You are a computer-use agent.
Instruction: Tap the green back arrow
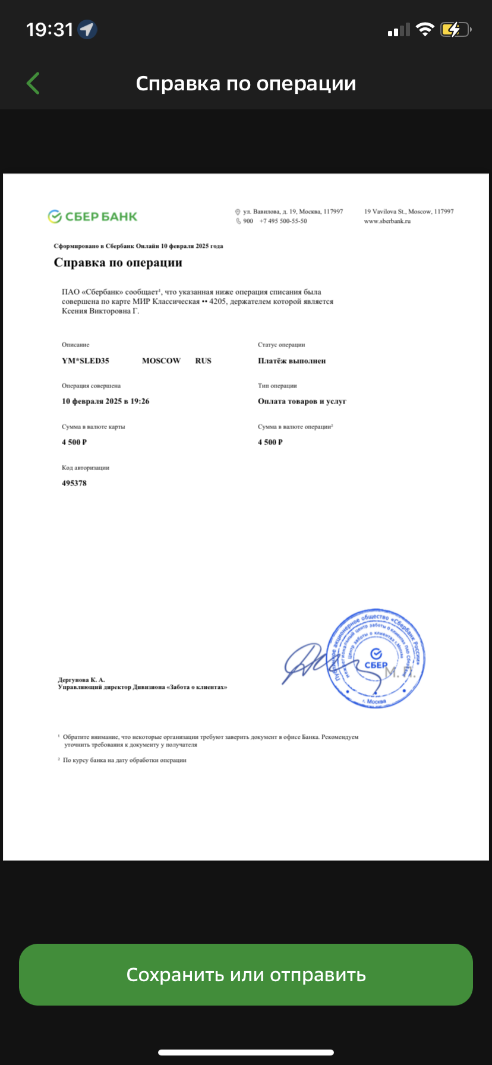tap(33, 83)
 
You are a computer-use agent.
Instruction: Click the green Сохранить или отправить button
tap(246, 975)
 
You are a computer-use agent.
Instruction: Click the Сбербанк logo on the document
tap(93, 217)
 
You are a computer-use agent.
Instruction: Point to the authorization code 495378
tap(74, 483)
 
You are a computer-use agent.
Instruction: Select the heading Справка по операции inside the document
tap(118, 263)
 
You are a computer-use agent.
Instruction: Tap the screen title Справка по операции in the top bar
tap(246, 84)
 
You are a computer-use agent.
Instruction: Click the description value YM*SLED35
tap(86, 361)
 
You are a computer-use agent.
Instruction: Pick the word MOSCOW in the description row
tap(161, 361)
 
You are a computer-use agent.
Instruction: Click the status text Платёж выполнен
tap(292, 361)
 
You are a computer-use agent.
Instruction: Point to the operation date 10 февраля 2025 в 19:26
tap(105, 402)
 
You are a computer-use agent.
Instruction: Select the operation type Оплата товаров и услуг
tap(302, 402)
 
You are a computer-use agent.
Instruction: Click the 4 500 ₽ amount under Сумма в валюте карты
tap(74, 442)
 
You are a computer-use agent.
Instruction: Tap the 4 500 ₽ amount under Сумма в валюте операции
tap(270, 442)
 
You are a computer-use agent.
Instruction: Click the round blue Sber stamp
tap(377, 658)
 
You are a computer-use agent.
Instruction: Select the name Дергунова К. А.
tap(81, 680)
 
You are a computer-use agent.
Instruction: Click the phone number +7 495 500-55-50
tap(283, 221)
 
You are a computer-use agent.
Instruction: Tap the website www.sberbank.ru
tap(387, 221)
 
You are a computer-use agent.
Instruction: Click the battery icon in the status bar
tap(455, 30)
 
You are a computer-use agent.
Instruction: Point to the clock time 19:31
tap(49, 30)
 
